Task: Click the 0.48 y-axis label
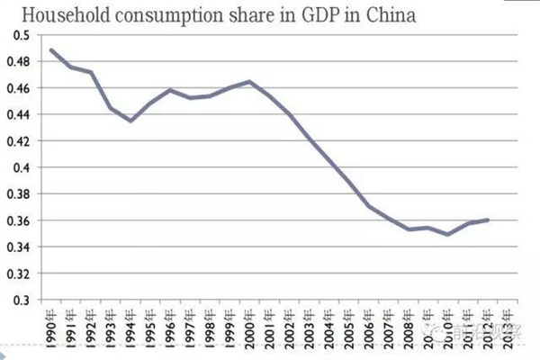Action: point(20,61)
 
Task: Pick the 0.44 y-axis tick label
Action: point(20,114)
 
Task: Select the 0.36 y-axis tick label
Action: point(20,220)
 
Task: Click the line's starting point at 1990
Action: point(51,49)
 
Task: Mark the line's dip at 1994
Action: point(131,121)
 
